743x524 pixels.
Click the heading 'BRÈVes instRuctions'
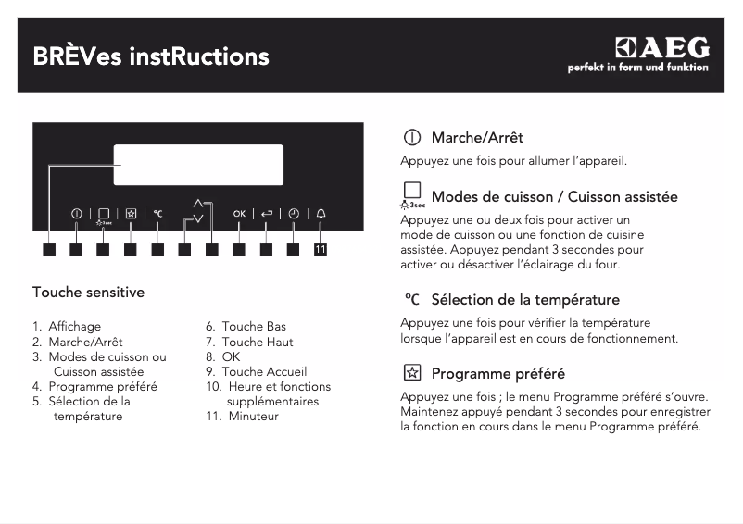[151, 57]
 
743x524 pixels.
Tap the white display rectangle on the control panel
[198, 166]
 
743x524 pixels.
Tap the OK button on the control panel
[239, 214]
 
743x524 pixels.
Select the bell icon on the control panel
[321, 214]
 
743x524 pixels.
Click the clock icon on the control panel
[294, 214]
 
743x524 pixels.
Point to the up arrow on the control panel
[197, 203]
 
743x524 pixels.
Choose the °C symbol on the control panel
[157, 214]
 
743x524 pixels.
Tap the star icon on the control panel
[131, 214]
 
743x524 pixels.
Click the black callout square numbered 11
[321, 249]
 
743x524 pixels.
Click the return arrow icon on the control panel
[267, 214]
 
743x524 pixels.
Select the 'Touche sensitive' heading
[88, 293]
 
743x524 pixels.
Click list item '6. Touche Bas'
[246, 326]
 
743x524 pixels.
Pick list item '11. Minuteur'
[242, 416]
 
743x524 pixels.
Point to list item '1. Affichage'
[67, 326]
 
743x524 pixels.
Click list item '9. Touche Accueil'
[256, 371]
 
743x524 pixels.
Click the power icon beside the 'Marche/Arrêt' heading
[411, 138]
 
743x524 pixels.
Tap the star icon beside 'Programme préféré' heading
[411, 374]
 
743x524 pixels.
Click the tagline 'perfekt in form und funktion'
[637, 68]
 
